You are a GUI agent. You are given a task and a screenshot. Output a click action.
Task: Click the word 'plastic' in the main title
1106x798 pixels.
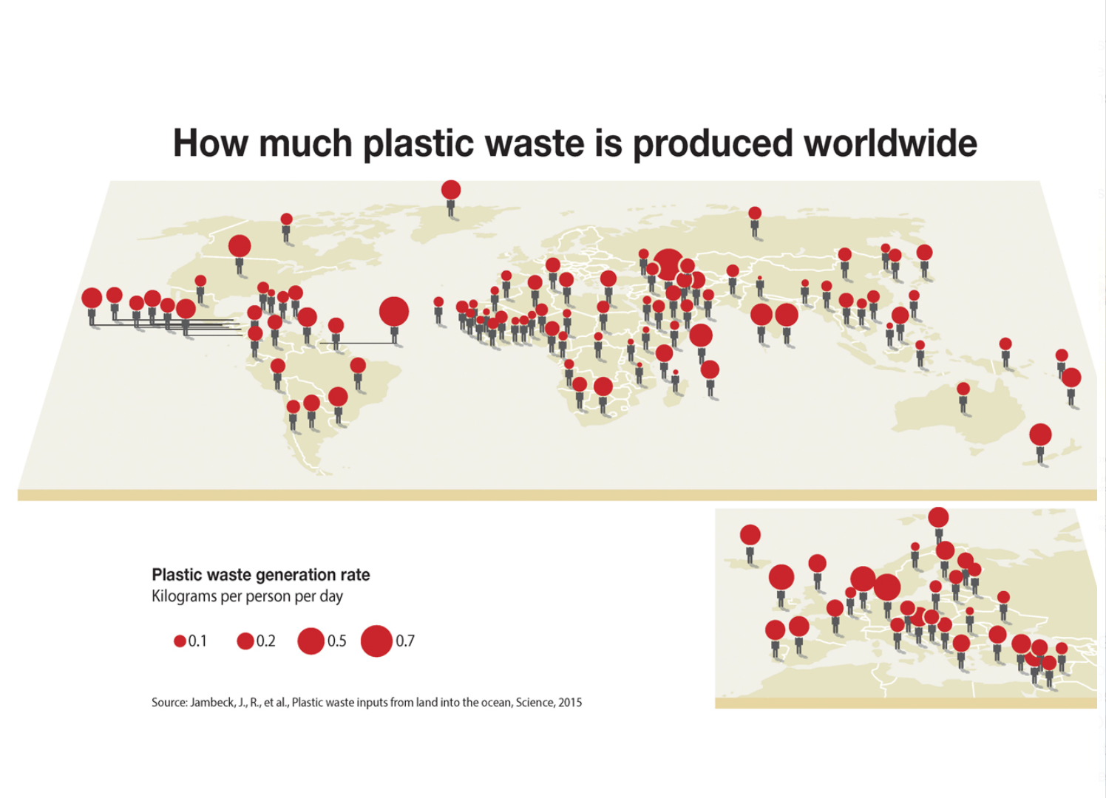click(x=418, y=143)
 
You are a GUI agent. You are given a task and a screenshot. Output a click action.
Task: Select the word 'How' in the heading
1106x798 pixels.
click(x=211, y=143)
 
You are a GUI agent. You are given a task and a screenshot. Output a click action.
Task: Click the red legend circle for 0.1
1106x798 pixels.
click(x=180, y=641)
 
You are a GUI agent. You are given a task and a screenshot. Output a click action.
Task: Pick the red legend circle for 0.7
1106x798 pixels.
click(x=376, y=641)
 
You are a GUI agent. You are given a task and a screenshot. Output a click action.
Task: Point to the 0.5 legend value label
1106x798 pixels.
click(x=336, y=641)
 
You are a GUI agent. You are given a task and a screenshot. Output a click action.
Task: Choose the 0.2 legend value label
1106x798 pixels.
click(x=265, y=641)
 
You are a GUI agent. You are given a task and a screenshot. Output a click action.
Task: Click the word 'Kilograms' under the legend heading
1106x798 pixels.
click(x=184, y=596)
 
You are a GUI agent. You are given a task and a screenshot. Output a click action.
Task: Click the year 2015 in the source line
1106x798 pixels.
click(x=570, y=702)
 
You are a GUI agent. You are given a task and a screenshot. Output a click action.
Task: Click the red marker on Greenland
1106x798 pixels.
click(x=451, y=189)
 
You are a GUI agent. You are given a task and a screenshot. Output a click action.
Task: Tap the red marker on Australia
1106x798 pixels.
click(x=963, y=389)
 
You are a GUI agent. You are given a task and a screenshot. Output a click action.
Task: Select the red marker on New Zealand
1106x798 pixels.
click(x=1040, y=434)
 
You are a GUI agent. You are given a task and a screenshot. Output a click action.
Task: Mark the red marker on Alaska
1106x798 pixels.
click(x=286, y=219)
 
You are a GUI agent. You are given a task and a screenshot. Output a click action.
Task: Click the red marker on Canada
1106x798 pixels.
click(x=240, y=246)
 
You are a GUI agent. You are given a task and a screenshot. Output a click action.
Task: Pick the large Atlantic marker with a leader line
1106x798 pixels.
click(x=394, y=311)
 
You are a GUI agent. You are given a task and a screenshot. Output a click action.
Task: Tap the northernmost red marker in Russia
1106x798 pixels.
click(x=754, y=214)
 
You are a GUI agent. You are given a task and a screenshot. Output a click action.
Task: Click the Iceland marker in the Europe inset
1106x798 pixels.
click(x=750, y=535)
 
